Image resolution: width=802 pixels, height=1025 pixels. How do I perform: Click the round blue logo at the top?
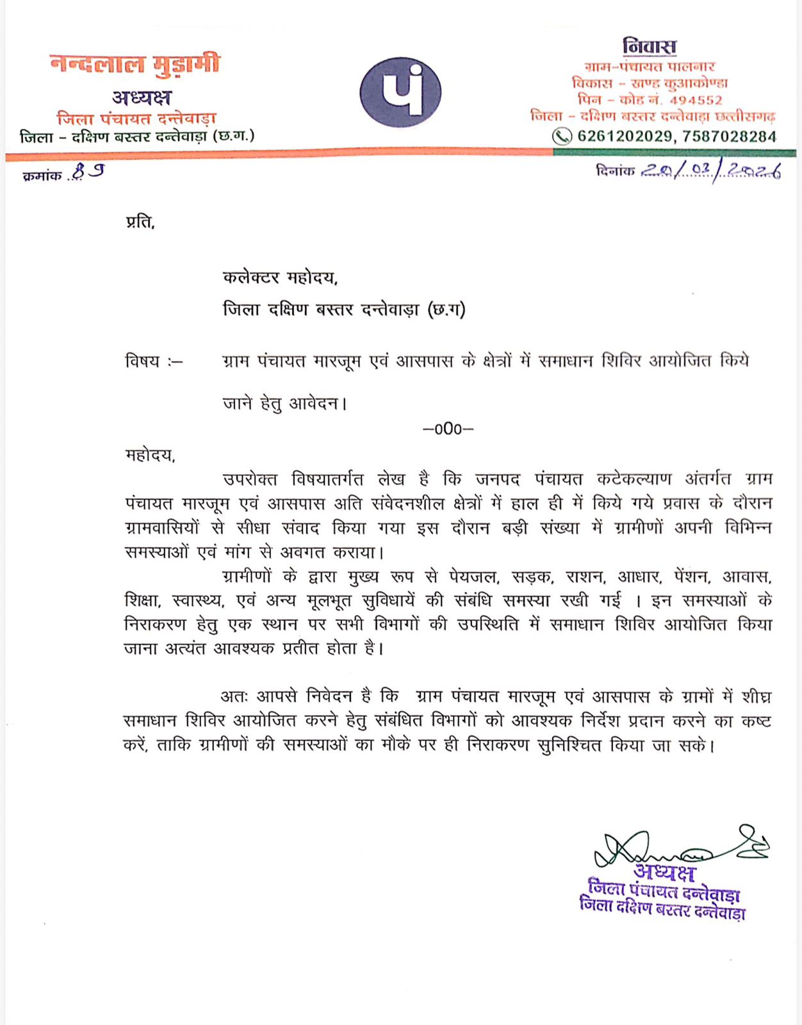pyautogui.click(x=400, y=92)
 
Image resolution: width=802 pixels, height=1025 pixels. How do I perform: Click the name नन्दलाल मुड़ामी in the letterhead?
pyautogui.click(x=135, y=64)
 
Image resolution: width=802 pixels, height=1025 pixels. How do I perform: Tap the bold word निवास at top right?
pyautogui.click(x=649, y=47)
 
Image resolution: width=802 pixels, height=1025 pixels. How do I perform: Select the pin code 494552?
pyautogui.click(x=696, y=101)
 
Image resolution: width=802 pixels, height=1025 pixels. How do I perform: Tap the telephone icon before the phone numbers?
pyautogui.click(x=562, y=136)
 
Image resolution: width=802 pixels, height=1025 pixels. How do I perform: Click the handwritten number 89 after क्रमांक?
pyautogui.click(x=88, y=172)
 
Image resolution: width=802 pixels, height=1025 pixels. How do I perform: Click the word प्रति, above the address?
pyautogui.click(x=140, y=222)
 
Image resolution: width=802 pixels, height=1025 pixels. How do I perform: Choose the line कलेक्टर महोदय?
pyautogui.click(x=280, y=277)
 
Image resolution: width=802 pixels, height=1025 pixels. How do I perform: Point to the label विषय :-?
pyautogui.click(x=154, y=361)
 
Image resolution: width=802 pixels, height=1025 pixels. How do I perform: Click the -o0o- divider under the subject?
pyautogui.click(x=448, y=429)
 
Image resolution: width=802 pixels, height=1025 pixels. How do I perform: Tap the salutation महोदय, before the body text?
pyautogui.click(x=150, y=455)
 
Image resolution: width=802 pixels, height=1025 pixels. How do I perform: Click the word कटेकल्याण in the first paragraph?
pyautogui.click(x=634, y=479)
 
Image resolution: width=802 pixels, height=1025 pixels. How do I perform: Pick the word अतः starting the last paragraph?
pyautogui.click(x=234, y=696)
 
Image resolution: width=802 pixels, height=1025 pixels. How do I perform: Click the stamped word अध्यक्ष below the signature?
pyautogui.click(x=664, y=873)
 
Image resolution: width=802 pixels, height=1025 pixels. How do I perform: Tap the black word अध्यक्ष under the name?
pyautogui.click(x=142, y=97)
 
